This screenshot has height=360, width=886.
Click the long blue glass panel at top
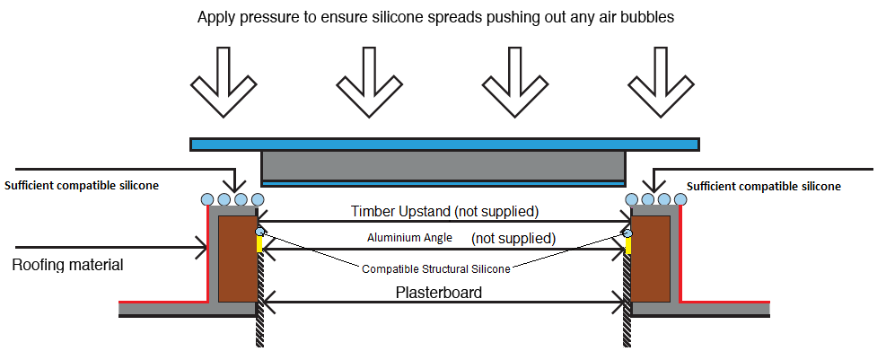pyautogui.click(x=444, y=144)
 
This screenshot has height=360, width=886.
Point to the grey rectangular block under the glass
pyautogui.click(x=443, y=165)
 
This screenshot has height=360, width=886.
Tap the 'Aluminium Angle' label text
pyautogui.click(x=403, y=238)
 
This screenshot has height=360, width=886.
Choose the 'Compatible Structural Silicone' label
pyautogui.click(x=435, y=268)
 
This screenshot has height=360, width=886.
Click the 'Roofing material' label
pyautogui.click(x=67, y=265)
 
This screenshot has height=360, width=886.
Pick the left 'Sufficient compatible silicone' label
pyautogui.click(x=82, y=186)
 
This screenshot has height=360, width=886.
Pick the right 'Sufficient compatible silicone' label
pyautogui.click(x=764, y=187)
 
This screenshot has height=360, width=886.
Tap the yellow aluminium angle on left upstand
pyautogui.click(x=260, y=243)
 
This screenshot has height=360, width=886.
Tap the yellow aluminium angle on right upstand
pyautogui.click(x=628, y=243)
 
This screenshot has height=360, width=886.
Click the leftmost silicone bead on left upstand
pyautogui.click(x=207, y=198)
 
